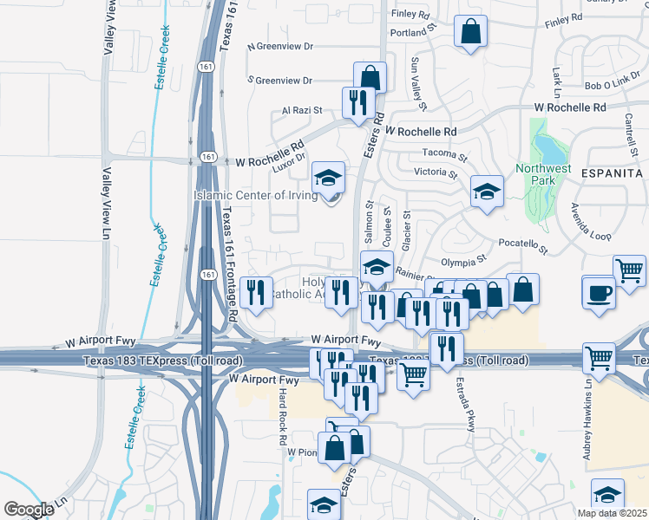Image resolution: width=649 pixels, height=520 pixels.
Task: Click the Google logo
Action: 29,509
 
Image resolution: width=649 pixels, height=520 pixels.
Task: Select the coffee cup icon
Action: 599,293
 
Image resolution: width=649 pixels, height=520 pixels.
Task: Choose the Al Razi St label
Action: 302,111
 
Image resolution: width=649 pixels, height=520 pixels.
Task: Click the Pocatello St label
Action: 524,245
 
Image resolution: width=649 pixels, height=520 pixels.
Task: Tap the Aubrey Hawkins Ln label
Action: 588,433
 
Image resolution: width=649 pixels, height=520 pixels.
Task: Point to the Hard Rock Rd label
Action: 283,417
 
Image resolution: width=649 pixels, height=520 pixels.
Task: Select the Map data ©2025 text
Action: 612,513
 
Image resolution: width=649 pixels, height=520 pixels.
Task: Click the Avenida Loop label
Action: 590,222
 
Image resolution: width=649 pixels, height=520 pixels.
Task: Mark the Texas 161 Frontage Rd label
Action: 229,264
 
